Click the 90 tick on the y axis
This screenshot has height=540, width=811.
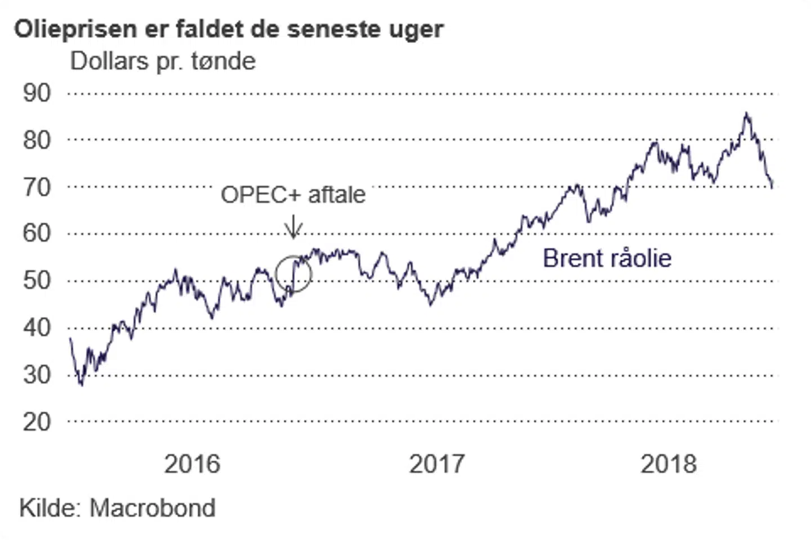click(x=37, y=93)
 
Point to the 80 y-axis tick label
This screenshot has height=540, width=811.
click(x=37, y=139)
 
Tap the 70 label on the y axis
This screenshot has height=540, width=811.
click(x=37, y=187)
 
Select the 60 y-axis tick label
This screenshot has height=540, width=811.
click(x=37, y=233)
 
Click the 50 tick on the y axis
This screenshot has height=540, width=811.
click(x=37, y=280)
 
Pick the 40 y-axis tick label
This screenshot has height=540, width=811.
click(x=37, y=327)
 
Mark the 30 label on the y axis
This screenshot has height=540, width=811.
click(x=37, y=375)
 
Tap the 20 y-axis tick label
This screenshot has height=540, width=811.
click(x=37, y=421)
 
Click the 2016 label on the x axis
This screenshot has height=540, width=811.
click(x=192, y=464)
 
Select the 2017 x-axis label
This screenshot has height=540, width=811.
click(x=436, y=464)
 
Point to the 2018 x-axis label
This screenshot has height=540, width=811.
click(x=669, y=464)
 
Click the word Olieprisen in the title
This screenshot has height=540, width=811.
click(x=75, y=29)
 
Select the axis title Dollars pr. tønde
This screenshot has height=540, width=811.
click(x=163, y=61)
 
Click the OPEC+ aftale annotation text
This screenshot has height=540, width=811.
click(x=293, y=195)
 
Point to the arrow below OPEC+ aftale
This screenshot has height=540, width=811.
click(x=293, y=228)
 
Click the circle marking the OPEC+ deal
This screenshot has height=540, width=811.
click(x=293, y=274)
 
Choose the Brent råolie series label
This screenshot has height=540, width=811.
click(x=607, y=258)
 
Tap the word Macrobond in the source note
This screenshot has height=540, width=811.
click(x=153, y=508)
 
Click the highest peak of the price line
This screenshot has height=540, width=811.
click(x=747, y=114)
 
